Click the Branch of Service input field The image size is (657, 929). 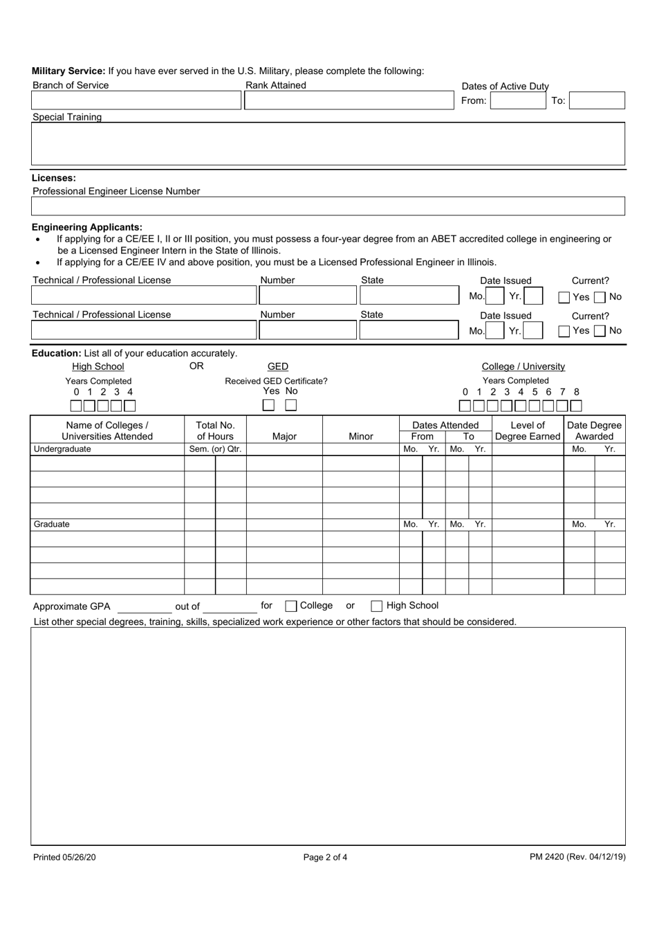pyautogui.click(x=136, y=100)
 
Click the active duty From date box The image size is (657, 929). pyautogui.click(x=518, y=100)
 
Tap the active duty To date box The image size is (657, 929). pyautogui.click(x=597, y=100)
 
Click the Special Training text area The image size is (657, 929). pyautogui.click(x=328, y=144)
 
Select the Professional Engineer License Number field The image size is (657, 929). pyautogui.click(x=328, y=206)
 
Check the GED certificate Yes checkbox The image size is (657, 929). pyautogui.click(x=269, y=406)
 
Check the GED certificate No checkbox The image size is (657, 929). pyautogui.click(x=291, y=406)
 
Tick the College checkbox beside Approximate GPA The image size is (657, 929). pyautogui.click(x=291, y=606)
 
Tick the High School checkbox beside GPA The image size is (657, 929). pyautogui.click(x=377, y=606)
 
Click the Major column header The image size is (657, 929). pyautogui.click(x=284, y=436)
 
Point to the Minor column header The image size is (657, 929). pyautogui.click(x=360, y=436)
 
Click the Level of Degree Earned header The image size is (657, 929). pyautogui.click(x=528, y=431)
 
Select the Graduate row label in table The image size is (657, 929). pyautogui.click(x=52, y=524)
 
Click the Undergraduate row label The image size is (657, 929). pyautogui.click(x=62, y=449)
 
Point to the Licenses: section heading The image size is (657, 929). pyautogui.click(x=54, y=178)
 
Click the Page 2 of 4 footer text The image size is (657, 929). pyautogui.click(x=325, y=857)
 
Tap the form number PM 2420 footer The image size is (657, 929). pyautogui.click(x=577, y=857)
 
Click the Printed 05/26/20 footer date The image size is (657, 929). pyautogui.click(x=64, y=857)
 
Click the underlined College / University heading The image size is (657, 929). pyautogui.click(x=523, y=366)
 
